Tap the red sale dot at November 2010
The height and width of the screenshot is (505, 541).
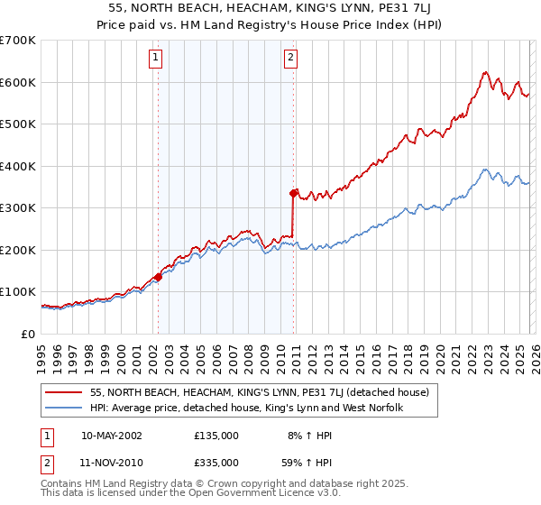(x=293, y=193)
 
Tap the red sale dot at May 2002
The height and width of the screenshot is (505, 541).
(x=158, y=277)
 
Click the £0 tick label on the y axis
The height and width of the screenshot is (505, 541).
(x=27, y=334)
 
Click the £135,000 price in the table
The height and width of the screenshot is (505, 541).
(x=216, y=435)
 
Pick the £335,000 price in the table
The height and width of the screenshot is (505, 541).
(x=216, y=464)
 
